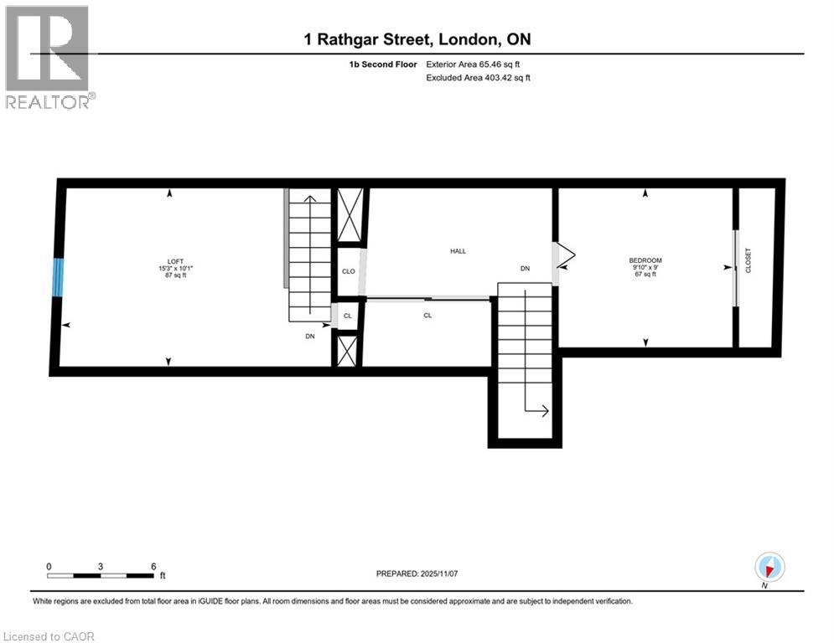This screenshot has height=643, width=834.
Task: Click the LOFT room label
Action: tap(175, 260)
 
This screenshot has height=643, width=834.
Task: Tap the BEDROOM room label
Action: tap(645, 260)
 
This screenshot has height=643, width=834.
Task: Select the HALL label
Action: tap(458, 251)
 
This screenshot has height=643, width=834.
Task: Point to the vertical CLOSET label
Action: tap(749, 260)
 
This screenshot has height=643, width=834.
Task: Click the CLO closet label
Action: tap(348, 271)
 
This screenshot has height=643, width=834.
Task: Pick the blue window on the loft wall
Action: tap(57, 277)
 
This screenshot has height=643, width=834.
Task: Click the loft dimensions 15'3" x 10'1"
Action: tap(175, 267)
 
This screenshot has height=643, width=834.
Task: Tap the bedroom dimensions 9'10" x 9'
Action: tap(645, 267)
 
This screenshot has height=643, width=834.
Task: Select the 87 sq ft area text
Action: tap(175, 275)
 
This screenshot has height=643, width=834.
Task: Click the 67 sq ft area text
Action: tap(645, 275)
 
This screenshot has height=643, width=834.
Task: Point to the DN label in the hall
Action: tap(525, 269)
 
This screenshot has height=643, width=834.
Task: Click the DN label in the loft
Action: tap(309, 336)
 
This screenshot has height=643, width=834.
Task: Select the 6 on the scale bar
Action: tap(153, 566)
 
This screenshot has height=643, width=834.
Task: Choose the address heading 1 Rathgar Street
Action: tap(417, 39)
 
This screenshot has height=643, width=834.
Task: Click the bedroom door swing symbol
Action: tap(563, 255)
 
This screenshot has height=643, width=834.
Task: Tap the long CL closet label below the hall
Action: tap(427, 315)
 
